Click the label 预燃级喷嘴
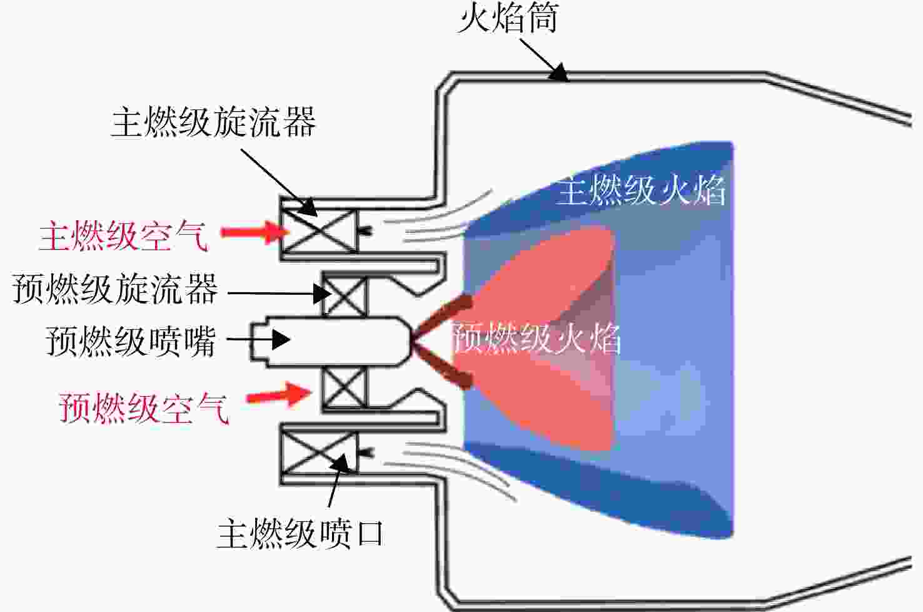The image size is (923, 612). pyautogui.click(x=131, y=341)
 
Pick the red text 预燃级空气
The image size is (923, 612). pyautogui.click(x=144, y=408)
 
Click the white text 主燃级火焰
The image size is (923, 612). pyautogui.click(x=641, y=190)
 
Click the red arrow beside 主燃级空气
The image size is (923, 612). pyautogui.click(x=255, y=232)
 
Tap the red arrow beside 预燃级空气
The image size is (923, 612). pyautogui.click(x=278, y=395)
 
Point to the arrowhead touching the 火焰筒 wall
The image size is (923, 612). pyautogui.click(x=559, y=73)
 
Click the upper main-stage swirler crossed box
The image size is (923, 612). pyautogui.click(x=320, y=230)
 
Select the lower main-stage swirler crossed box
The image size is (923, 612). pyautogui.click(x=320, y=452)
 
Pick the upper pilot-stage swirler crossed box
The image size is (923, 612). pyautogui.click(x=345, y=295)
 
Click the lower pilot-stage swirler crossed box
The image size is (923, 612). pyautogui.click(x=345, y=387)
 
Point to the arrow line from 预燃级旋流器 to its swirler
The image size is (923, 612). pyautogui.click(x=280, y=293)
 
